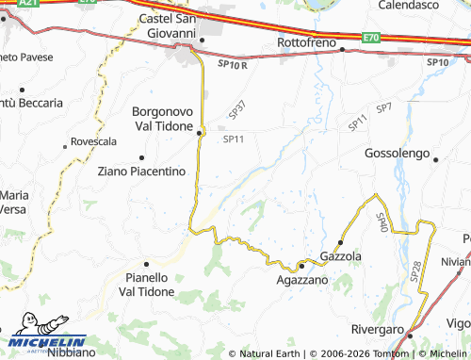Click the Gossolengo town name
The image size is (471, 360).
[x=397, y=153]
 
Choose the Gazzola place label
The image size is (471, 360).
[x=341, y=256]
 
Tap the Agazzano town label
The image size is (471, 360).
[x=302, y=280]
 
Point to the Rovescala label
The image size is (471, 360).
[x=92, y=141]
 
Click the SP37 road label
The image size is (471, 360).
[x=236, y=110]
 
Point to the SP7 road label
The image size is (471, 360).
[x=384, y=109]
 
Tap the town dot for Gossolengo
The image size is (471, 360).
[x=435, y=158]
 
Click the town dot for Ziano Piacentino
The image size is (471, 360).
[x=141, y=157]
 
